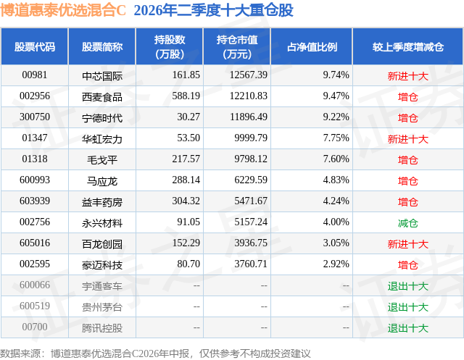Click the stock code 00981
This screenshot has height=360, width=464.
pos(35,75)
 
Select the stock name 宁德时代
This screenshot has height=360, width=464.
pos(102,118)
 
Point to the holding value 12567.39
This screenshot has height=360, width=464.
pos(248,75)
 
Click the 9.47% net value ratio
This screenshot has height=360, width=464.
pos(336,96)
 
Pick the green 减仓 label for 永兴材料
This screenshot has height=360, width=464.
pos(407,223)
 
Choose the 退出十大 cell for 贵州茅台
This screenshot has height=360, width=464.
pos(407,307)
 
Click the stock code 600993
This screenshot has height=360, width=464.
pos(35,180)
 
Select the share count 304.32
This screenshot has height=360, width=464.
pos(186,201)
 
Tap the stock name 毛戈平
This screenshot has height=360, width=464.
pos(102,160)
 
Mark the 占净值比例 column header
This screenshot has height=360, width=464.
pos(312,46)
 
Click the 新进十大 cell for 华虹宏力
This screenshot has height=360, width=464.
pos(407,139)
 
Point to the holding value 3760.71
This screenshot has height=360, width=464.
pos(251,264)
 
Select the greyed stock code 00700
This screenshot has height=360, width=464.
pos(35,327)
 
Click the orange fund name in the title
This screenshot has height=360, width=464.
pos(63,10)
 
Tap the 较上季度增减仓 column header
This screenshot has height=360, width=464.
pos(407,46)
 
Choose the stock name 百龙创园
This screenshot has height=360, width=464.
pos(102,244)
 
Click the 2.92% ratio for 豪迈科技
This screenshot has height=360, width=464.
pos(336,264)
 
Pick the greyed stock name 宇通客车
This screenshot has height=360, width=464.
pos(102,286)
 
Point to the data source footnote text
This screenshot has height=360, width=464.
pos(155,353)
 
